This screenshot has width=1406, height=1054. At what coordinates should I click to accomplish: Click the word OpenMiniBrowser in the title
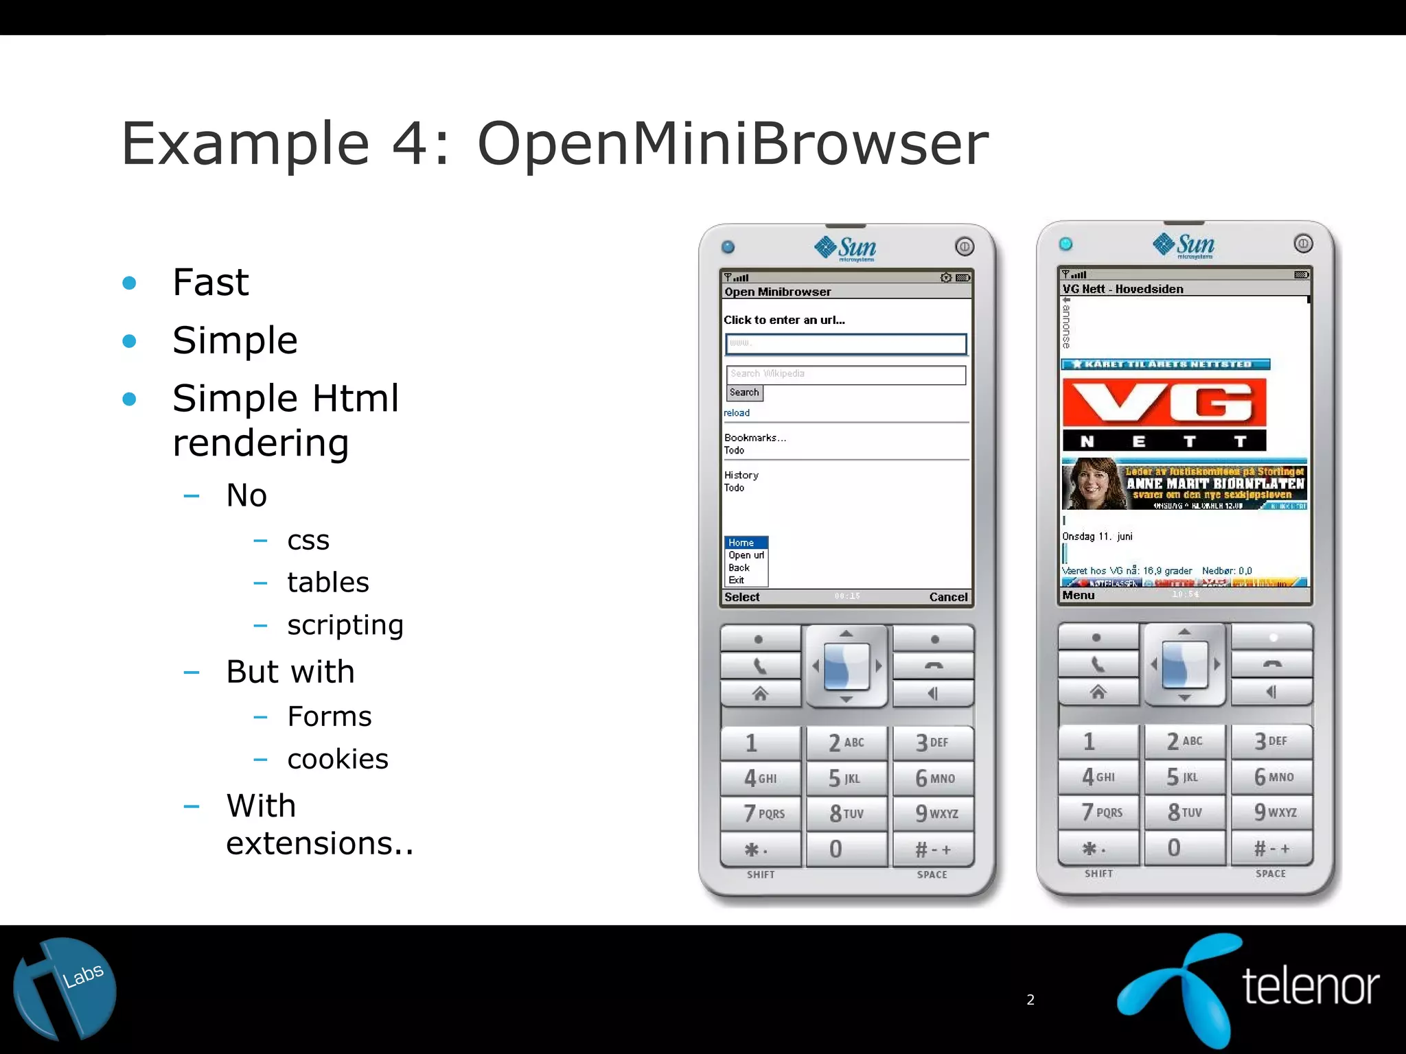click(732, 144)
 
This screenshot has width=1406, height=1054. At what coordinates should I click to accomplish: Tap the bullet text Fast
click(210, 282)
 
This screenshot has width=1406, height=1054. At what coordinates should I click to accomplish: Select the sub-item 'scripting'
click(345, 625)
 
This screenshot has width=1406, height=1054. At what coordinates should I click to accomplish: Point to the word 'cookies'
click(338, 759)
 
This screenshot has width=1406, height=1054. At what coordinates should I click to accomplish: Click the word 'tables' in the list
click(328, 583)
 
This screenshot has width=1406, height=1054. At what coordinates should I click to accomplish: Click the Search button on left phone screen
click(744, 393)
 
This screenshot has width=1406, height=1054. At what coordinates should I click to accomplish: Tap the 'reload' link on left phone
click(737, 412)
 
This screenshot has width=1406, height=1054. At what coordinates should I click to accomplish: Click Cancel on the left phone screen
click(948, 597)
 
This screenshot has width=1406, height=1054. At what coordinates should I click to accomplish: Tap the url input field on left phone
click(846, 343)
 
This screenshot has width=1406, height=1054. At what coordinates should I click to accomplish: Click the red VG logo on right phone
click(1164, 403)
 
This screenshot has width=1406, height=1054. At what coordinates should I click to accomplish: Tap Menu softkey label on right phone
click(1079, 595)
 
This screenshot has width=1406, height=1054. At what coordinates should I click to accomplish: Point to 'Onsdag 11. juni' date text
click(1097, 536)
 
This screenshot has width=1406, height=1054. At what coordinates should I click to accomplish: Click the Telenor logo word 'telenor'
click(1310, 987)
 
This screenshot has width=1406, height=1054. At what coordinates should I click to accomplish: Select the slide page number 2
click(1030, 1000)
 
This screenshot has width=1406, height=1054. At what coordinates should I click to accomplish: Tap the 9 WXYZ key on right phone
click(1272, 812)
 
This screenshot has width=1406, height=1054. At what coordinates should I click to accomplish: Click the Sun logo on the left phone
click(846, 248)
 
